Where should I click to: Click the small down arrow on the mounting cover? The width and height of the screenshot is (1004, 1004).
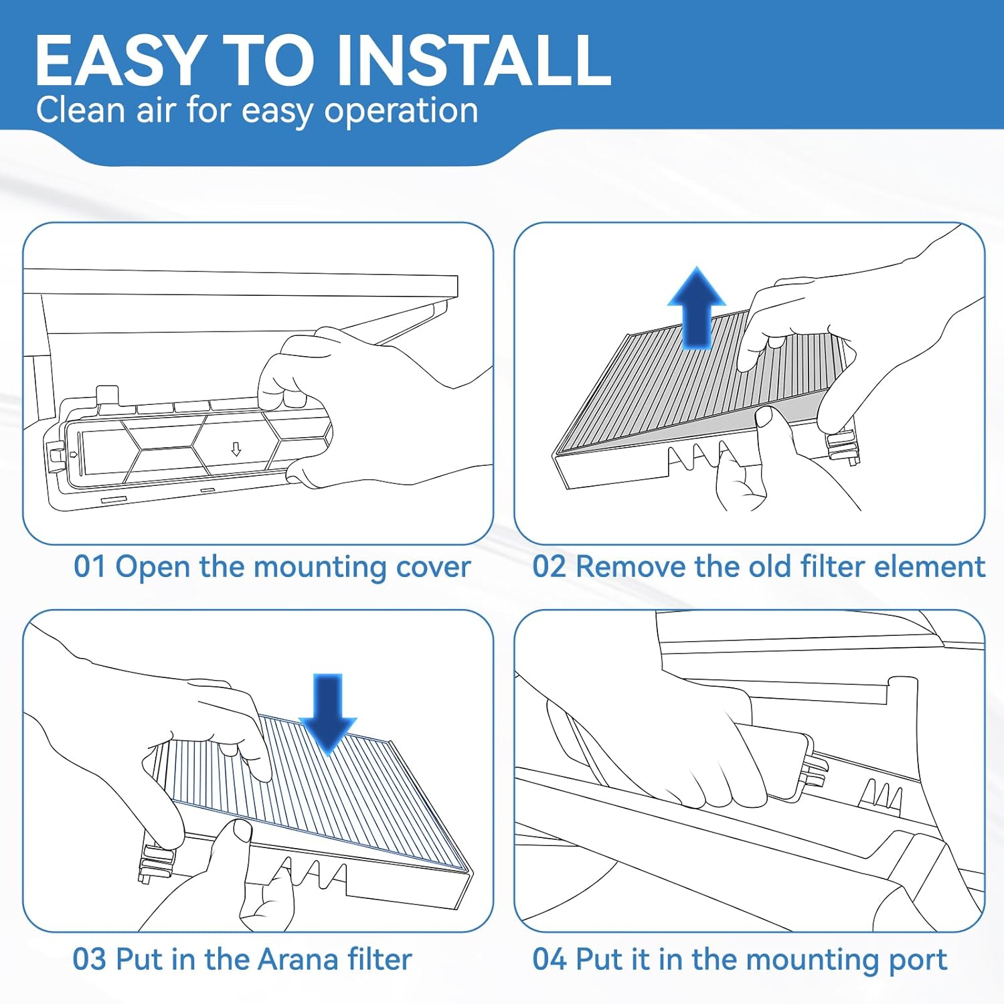pyautogui.click(x=236, y=448)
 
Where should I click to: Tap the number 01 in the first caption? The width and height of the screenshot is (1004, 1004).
pyautogui.click(x=90, y=566)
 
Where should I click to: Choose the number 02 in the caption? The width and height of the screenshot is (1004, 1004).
pyautogui.click(x=549, y=566)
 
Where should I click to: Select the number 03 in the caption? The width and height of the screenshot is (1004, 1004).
pyautogui.click(x=89, y=959)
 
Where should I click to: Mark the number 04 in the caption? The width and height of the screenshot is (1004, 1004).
pyautogui.click(x=549, y=959)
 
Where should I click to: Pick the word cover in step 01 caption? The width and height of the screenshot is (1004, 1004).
pyautogui.click(x=433, y=566)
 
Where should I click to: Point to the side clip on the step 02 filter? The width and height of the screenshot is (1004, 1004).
pyautogui.click(x=843, y=444)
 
